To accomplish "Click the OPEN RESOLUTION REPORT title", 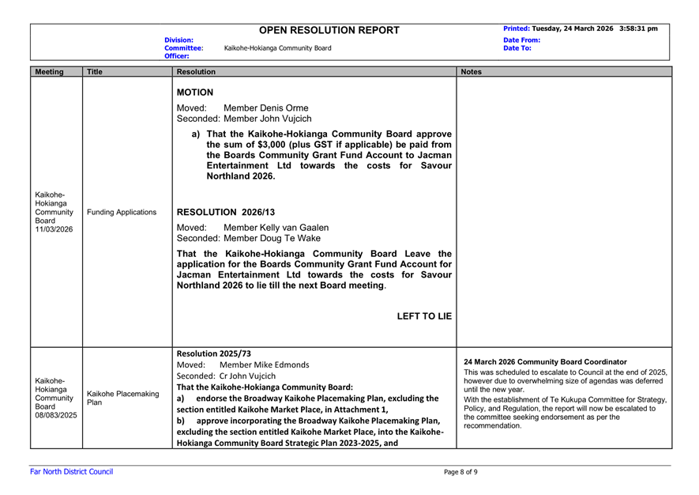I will coord(329,30).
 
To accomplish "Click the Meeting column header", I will coord(50,71).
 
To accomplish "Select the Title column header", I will coord(96,71).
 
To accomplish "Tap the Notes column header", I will coord(472,71).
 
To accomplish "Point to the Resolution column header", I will coord(197,71).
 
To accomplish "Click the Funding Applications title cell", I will coord(122,212).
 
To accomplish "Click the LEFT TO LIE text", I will coord(424,316).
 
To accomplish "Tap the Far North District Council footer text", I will coord(66,472).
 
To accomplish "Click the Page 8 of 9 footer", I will coord(460,472).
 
